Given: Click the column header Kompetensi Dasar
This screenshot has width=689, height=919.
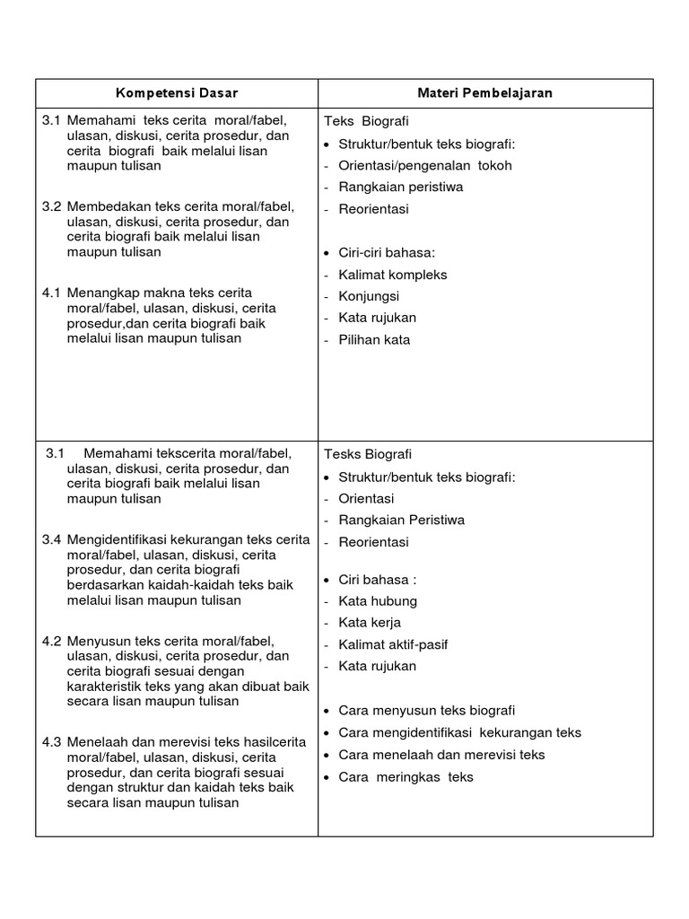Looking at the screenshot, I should [x=177, y=93].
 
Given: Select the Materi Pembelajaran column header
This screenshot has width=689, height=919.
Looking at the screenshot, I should [x=484, y=93].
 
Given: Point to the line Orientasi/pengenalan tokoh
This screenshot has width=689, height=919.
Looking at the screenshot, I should [x=425, y=166].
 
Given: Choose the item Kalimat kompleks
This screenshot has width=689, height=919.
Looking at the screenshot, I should [x=392, y=275].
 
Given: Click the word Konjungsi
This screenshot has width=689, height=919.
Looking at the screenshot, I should [x=369, y=296].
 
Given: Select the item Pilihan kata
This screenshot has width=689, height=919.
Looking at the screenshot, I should [x=374, y=340].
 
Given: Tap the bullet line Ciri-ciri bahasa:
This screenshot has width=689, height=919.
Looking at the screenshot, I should [x=386, y=253].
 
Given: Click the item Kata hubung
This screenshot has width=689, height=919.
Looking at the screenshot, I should [x=378, y=601].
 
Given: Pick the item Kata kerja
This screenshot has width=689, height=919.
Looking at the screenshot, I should [x=370, y=623].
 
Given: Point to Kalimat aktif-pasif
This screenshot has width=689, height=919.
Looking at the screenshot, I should [x=393, y=644].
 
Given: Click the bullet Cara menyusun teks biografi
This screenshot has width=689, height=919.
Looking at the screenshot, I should [x=426, y=711].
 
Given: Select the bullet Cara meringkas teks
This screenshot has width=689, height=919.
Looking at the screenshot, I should [x=406, y=777].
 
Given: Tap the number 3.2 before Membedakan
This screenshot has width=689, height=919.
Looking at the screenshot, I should [x=51, y=207].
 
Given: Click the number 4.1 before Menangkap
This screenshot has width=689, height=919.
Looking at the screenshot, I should [x=51, y=293].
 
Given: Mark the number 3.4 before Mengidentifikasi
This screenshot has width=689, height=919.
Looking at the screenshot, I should [x=51, y=539].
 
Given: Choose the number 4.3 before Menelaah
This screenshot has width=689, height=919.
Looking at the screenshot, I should [x=51, y=742].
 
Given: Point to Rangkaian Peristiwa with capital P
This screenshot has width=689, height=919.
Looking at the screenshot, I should [x=401, y=521].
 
